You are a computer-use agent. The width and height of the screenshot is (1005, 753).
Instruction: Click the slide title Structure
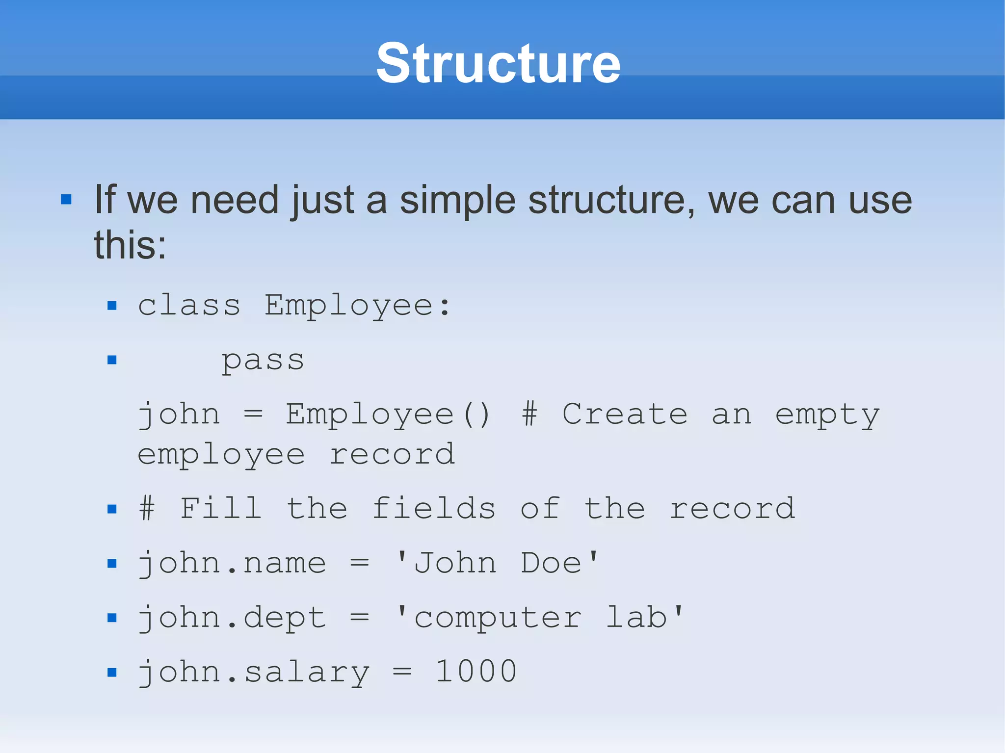[x=499, y=64]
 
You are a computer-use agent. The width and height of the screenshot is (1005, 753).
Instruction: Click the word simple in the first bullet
[x=457, y=201]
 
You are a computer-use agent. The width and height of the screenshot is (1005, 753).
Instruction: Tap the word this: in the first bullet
[x=130, y=245]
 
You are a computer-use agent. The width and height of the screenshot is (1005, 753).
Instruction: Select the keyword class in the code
[x=189, y=306]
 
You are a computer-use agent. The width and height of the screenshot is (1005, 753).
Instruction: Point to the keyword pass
[x=263, y=361]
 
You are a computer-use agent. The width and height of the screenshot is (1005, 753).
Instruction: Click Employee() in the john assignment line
[x=388, y=415]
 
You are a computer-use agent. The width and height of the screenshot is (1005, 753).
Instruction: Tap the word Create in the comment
[x=625, y=415]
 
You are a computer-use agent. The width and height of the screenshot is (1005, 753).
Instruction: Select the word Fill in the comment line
[x=220, y=508]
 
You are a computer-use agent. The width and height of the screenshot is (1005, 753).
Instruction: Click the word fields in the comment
[x=434, y=508]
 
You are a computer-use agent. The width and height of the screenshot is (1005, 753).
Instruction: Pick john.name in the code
[x=232, y=563]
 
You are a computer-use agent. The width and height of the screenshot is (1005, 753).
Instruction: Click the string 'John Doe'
[x=498, y=563]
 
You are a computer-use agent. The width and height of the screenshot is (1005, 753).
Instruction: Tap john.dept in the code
[x=232, y=618]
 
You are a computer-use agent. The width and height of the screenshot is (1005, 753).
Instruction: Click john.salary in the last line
[x=253, y=672]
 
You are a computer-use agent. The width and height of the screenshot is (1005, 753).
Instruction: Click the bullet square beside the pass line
[x=112, y=361]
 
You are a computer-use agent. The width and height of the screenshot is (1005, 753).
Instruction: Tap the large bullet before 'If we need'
[x=66, y=200]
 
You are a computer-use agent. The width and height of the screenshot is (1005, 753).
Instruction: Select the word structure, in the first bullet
[x=611, y=201]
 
